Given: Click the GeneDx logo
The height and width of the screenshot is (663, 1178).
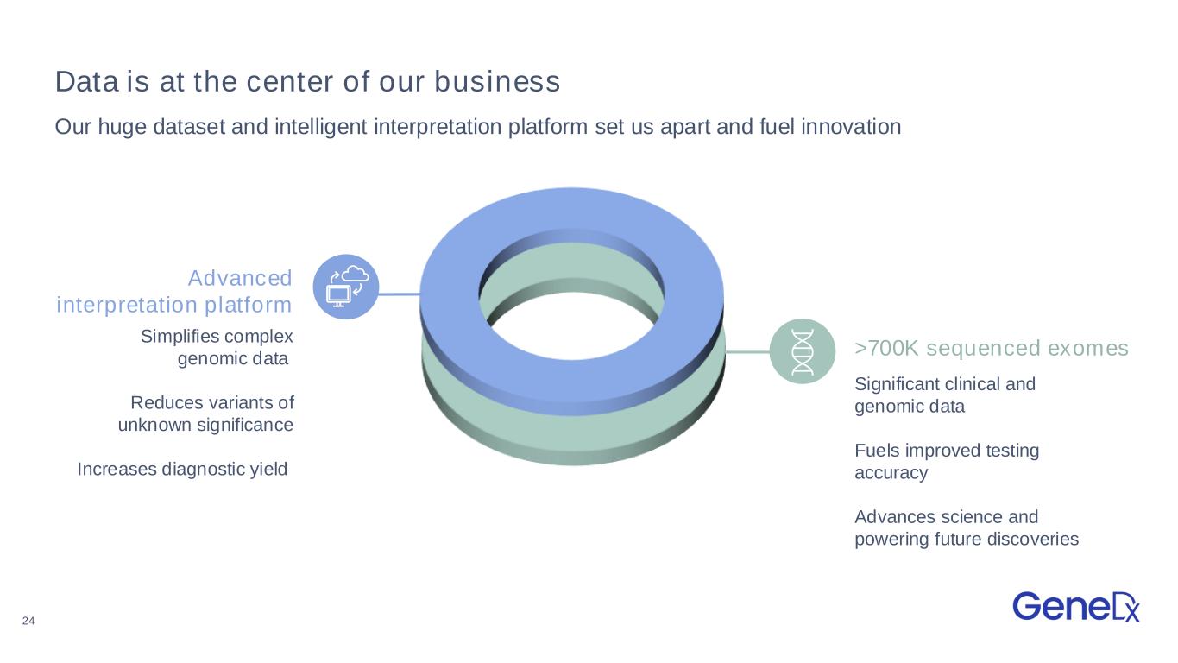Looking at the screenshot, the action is [x=1076, y=607].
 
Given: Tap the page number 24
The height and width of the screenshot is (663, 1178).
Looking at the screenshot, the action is [x=28, y=621].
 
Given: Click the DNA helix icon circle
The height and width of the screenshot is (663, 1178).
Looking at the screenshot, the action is [x=802, y=351].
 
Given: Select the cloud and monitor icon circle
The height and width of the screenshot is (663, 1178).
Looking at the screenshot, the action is [x=346, y=287].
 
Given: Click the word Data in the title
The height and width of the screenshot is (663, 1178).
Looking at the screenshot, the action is [x=87, y=81].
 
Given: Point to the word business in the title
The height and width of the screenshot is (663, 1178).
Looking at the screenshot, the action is [x=497, y=81].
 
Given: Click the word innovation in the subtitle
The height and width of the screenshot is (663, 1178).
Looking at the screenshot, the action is [x=851, y=127].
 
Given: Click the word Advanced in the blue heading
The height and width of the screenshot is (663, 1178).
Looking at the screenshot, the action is [x=240, y=278].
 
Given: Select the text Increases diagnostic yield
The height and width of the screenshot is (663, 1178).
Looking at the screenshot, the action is [x=182, y=470].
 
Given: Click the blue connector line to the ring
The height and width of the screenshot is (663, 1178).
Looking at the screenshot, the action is [x=400, y=294].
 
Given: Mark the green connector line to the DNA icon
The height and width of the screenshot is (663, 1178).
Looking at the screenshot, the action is [x=747, y=351].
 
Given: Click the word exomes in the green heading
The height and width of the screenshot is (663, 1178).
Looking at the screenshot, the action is [x=1088, y=349].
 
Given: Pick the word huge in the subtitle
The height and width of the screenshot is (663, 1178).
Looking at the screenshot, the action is [x=122, y=128].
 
